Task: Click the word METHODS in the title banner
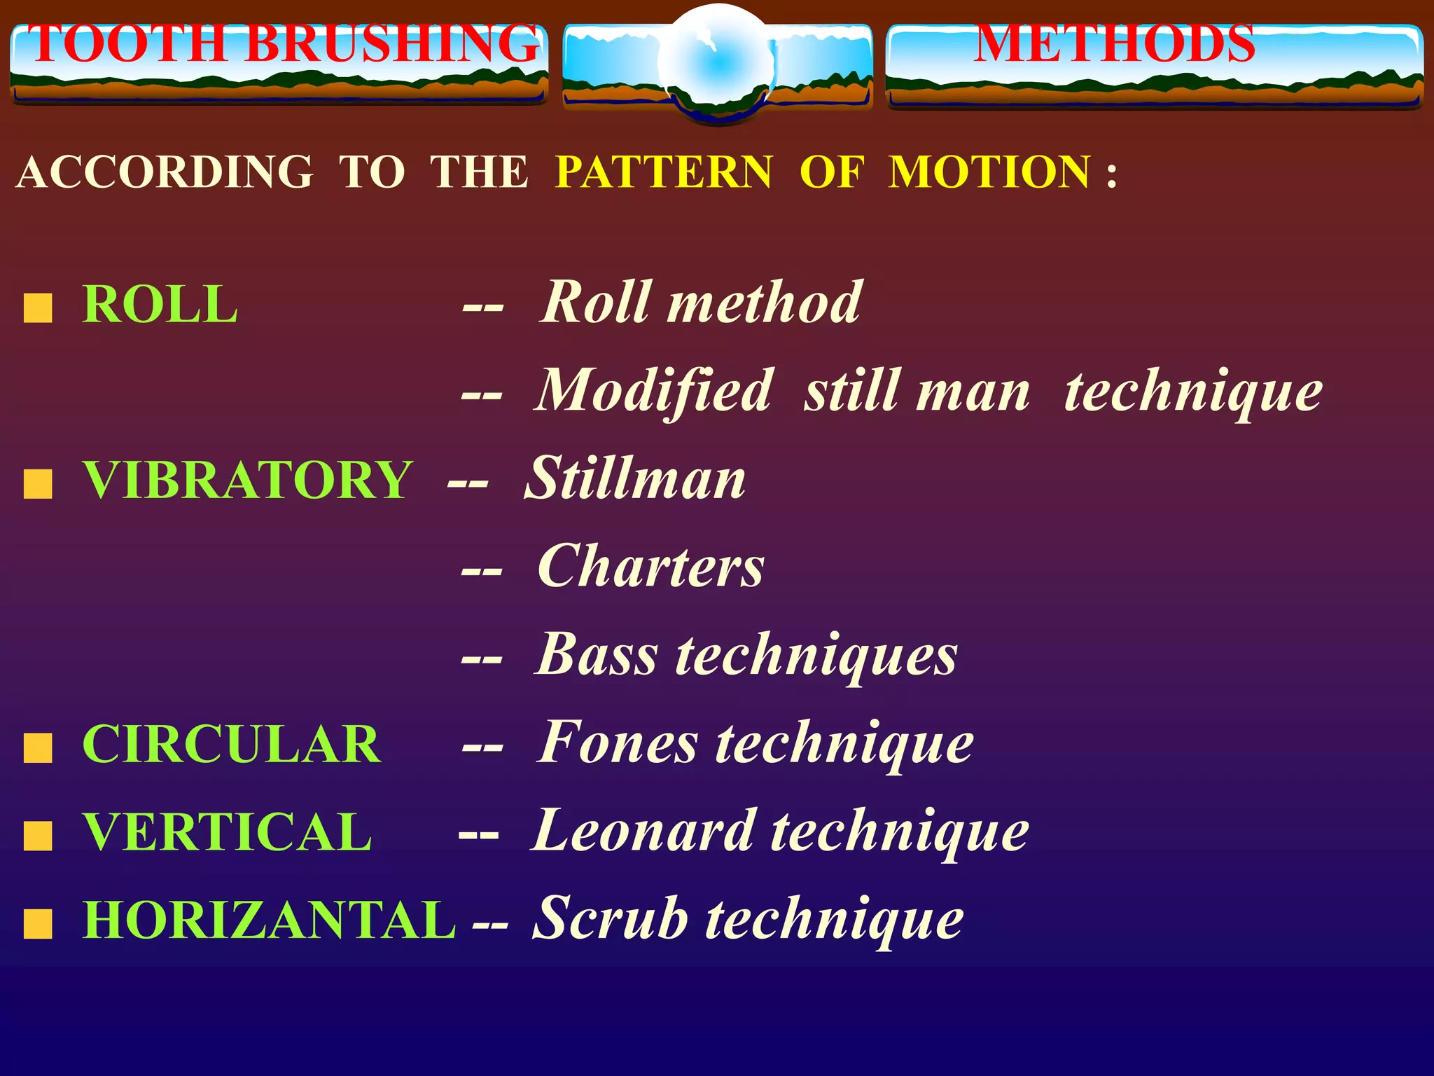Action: [1115, 43]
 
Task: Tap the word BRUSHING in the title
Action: [392, 43]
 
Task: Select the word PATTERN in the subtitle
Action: [664, 172]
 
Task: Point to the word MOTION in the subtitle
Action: [989, 172]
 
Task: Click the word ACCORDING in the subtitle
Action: [165, 172]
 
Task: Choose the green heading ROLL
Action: [160, 305]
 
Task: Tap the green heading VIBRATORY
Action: [248, 481]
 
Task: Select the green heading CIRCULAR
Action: [232, 744]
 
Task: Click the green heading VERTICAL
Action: [228, 832]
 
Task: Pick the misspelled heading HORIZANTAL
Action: [270, 920]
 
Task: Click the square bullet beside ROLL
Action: [38, 308]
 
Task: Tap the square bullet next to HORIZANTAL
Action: [38, 924]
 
